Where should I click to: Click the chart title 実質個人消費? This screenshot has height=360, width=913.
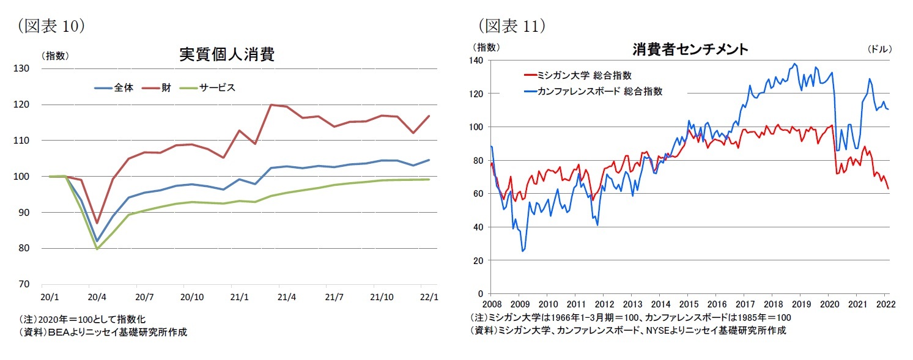226,55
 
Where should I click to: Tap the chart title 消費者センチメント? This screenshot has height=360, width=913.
690,50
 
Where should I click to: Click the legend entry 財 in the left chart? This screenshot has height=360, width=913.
166,87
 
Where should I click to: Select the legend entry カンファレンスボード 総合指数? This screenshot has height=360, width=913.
599,91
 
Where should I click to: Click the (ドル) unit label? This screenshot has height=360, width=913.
880,48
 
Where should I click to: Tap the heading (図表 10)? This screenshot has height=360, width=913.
51,25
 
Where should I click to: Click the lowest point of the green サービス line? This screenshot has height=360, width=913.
97,249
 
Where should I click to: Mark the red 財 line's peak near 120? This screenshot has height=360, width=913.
270,105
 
